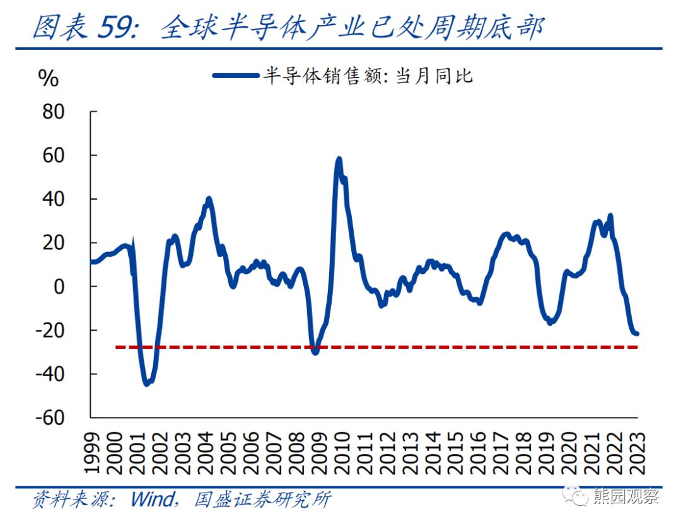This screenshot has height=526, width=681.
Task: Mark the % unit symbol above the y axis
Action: tap(49, 79)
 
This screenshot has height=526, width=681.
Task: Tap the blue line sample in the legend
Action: tap(236, 76)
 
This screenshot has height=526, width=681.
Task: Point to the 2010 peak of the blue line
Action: tap(339, 159)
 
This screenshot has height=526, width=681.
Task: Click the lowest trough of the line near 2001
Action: tap(146, 383)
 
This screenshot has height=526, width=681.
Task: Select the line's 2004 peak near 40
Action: tap(209, 199)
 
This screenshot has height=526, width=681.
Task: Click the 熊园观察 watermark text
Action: tap(626, 496)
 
